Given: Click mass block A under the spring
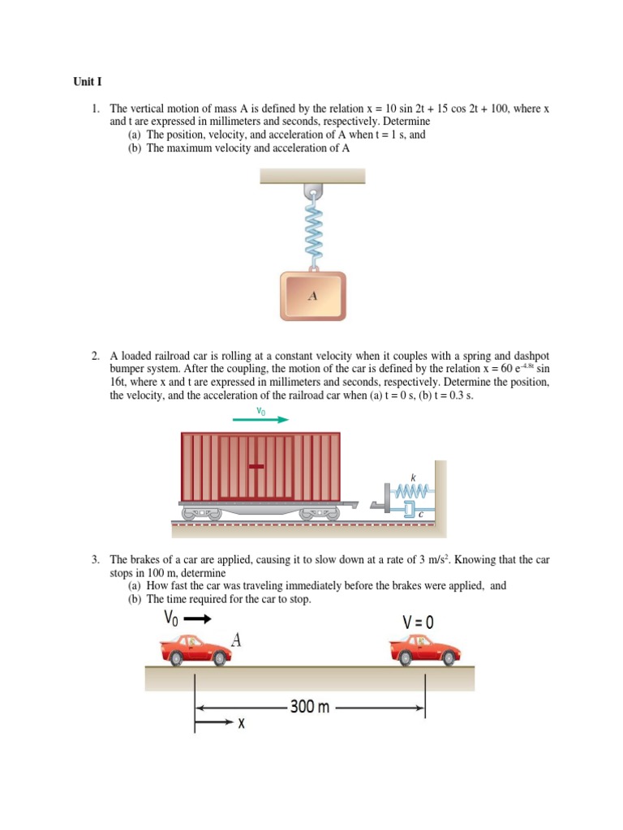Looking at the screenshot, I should (312, 295).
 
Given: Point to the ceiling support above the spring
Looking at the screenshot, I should (312, 176).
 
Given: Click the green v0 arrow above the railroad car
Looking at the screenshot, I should (260, 420).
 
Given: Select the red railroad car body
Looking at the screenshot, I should (259, 466).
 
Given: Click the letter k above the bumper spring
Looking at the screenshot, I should (411, 479).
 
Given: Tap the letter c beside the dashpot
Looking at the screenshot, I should (420, 513).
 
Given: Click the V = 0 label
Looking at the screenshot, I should (419, 622).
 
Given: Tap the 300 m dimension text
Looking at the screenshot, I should (310, 707).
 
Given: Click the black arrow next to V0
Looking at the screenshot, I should (200, 620).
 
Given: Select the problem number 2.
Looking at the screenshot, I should (95, 355).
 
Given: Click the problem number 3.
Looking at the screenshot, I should (95, 559).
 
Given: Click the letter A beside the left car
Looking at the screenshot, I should (237, 640).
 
